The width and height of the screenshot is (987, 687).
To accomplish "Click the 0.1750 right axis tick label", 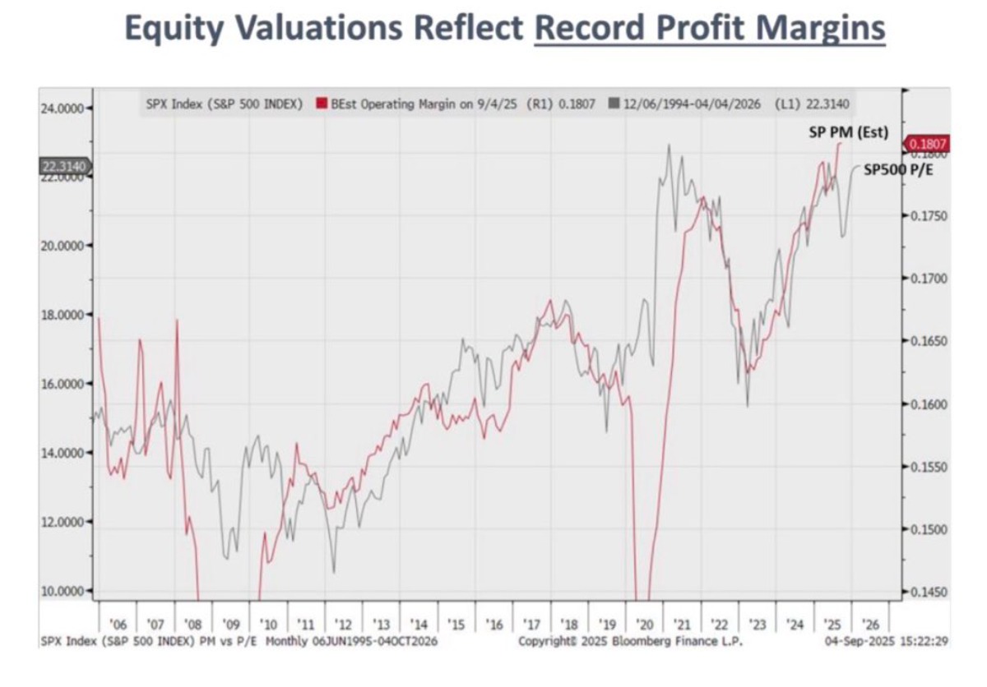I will pyautogui.click(x=930, y=216).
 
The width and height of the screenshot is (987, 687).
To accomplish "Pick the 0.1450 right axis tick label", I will pyautogui.click(x=930, y=592).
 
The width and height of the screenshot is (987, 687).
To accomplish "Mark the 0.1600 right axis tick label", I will pyautogui.click(x=930, y=404).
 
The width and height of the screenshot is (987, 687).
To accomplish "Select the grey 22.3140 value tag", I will pyautogui.click(x=63, y=167).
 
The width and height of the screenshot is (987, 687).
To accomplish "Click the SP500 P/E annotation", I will pyautogui.click(x=899, y=169).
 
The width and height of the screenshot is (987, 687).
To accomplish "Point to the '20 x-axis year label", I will pyautogui.click(x=646, y=625).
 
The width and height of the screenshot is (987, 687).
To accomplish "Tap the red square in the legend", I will pyautogui.click(x=324, y=104).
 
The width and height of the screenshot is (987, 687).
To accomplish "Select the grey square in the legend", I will pyautogui.click(x=614, y=104).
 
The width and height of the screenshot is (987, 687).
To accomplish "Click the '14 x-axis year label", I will pyautogui.click(x=419, y=625).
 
